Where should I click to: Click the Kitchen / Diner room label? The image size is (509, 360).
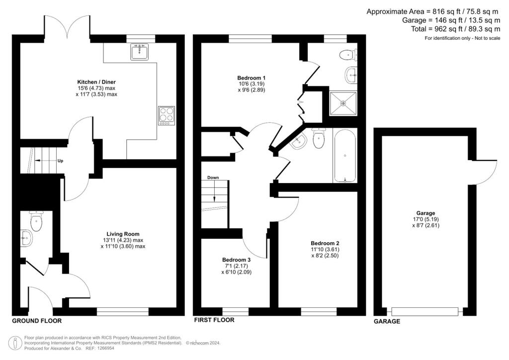(x=96, y=82)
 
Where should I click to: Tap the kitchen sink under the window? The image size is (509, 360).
(x=140, y=52)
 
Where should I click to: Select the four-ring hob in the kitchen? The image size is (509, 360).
(x=167, y=116)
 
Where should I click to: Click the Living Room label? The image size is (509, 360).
(x=123, y=234)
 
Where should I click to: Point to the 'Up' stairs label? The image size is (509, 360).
(x=60, y=161)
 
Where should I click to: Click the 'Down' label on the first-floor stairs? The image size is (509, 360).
(x=213, y=178)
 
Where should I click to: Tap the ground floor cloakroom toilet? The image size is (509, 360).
(x=36, y=221)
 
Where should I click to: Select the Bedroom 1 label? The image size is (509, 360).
(x=252, y=78)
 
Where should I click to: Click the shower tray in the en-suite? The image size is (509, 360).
(x=343, y=103)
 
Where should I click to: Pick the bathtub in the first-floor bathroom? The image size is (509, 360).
(x=345, y=156)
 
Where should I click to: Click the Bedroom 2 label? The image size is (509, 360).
(x=325, y=243)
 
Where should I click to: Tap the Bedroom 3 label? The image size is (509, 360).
(x=236, y=260)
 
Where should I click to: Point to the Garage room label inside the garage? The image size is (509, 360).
(x=425, y=213)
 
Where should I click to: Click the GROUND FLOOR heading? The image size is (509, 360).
(x=37, y=321)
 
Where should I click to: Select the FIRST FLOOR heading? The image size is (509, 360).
(x=214, y=320)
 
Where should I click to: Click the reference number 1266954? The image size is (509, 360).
(x=104, y=348)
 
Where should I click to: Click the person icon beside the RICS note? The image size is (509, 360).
(x=15, y=343)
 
